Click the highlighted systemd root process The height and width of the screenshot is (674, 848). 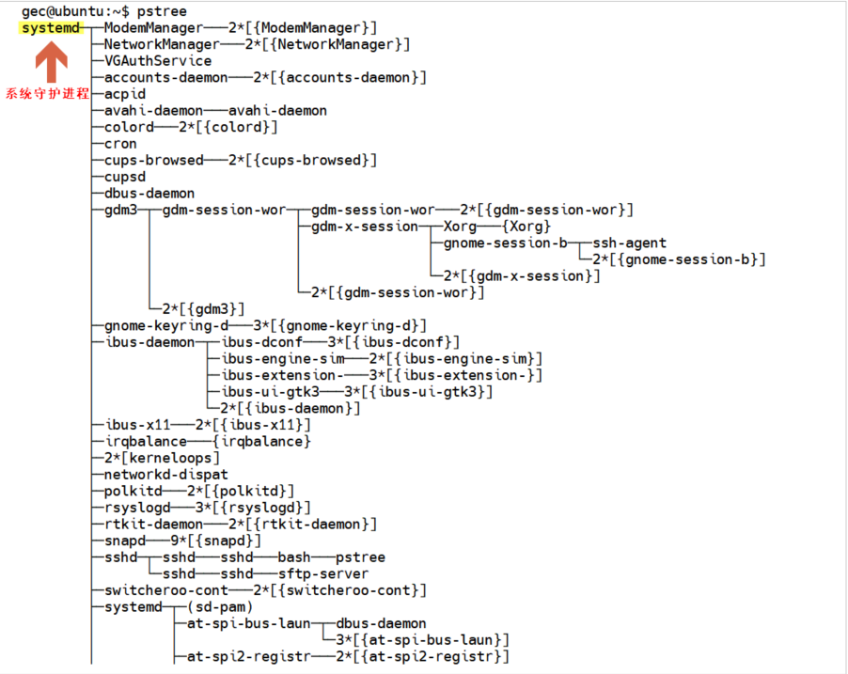(x=52, y=28)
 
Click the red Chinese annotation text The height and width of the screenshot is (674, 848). (x=47, y=94)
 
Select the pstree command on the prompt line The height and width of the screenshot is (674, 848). (x=162, y=11)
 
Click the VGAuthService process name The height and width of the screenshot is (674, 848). (x=158, y=61)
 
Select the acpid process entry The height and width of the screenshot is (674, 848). (x=125, y=94)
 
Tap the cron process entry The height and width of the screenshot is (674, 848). (x=120, y=144)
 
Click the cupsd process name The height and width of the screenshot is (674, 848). (x=125, y=177)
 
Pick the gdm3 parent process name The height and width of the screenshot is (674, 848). (x=120, y=210)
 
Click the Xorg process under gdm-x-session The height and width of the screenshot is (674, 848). (x=461, y=227)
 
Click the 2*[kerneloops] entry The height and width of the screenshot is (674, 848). (x=162, y=458)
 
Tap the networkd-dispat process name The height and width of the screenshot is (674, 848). (x=166, y=475)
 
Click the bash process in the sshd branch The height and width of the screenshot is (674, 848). (x=294, y=557)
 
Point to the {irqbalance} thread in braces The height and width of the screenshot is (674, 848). (x=261, y=441)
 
